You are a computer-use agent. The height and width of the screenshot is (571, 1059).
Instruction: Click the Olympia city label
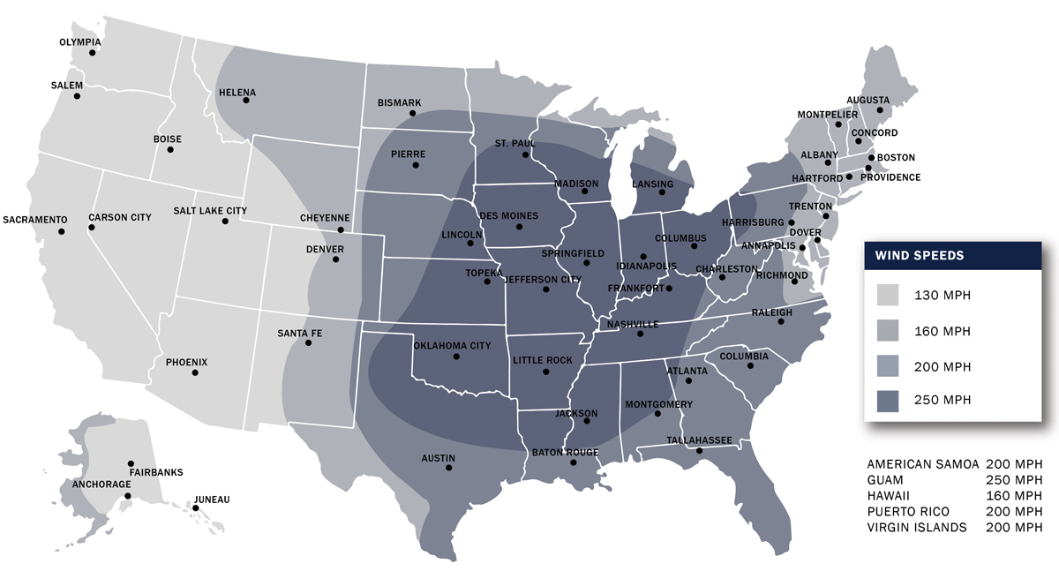(79, 42)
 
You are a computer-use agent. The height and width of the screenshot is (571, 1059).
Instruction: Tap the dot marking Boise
(170, 149)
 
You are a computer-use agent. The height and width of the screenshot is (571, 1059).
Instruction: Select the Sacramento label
(35, 219)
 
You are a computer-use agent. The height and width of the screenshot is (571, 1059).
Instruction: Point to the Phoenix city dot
(195, 372)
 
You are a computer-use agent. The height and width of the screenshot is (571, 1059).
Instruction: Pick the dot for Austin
(449, 468)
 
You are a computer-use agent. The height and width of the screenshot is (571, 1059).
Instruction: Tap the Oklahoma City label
(452, 346)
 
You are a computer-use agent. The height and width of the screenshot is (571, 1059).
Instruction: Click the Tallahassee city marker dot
(700, 452)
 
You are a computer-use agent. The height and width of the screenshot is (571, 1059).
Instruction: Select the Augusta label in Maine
(868, 100)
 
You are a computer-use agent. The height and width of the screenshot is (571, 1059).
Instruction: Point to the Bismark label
(399, 102)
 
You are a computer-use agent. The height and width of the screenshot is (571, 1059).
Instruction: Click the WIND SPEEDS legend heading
(919, 256)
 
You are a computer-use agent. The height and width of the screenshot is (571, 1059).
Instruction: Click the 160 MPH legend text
(943, 331)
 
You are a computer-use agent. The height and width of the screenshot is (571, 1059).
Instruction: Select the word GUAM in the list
(886, 479)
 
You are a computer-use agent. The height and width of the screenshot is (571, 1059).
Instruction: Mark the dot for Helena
(246, 100)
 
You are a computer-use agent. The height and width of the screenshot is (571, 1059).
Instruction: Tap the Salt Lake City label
(210, 211)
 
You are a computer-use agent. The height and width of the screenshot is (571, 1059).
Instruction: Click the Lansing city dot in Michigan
(668, 197)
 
